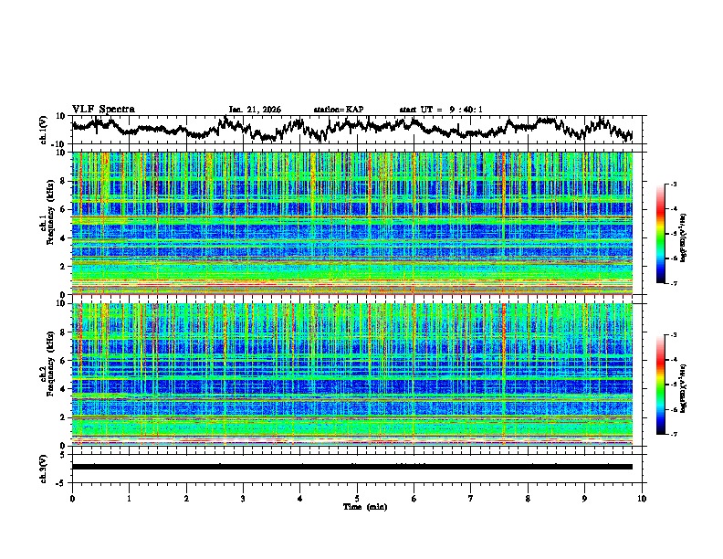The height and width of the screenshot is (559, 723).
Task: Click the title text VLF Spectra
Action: [x=103, y=109]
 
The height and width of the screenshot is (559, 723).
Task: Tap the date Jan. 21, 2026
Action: [x=255, y=110]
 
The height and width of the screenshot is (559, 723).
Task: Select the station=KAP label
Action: [x=339, y=110]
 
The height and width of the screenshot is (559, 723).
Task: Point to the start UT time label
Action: [x=441, y=110]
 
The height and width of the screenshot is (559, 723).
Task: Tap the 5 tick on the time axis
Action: [x=357, y=499]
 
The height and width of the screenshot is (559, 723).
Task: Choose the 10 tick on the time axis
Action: [x=643, y=499]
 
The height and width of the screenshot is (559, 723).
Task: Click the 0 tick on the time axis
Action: [x=72, y=499]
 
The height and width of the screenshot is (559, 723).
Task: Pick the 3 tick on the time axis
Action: [x=243, y=499]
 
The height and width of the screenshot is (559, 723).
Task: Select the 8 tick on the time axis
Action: [x=528, y=499]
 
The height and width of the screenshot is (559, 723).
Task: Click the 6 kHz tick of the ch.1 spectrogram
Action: [x=65, y=209]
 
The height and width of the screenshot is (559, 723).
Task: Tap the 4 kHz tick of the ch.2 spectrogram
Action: [x=65, y=389]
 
